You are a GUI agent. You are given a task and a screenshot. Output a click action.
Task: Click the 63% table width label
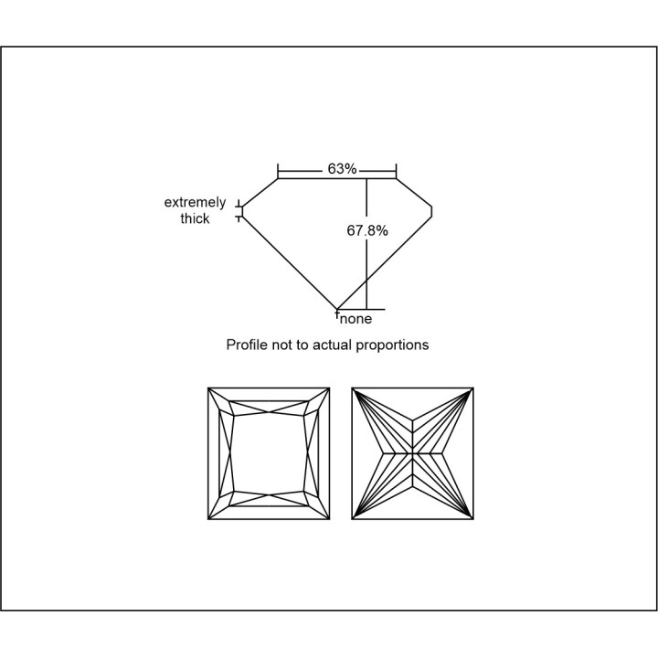coord(342,169)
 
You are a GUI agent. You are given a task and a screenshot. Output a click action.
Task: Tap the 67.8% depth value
coord(367,230)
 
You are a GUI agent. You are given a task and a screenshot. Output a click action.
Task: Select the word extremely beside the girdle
coord(195,202)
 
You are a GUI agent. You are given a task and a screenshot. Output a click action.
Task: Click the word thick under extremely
coord(195,218)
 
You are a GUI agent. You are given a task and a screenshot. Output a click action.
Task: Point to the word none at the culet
coord(356,319)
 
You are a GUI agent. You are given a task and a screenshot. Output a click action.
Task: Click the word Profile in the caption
coord(247,345)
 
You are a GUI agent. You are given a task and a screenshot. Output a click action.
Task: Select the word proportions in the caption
coord(392,345)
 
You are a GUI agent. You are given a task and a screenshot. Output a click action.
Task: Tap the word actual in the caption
coord(332,345)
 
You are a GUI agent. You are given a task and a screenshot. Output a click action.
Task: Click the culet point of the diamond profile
coord(337,310)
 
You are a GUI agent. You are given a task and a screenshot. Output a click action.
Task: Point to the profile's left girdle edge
coord(242,212)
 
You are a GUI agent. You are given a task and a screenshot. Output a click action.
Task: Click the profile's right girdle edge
coord(431,212)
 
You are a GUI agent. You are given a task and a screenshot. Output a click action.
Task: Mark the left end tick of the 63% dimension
coord(278,171)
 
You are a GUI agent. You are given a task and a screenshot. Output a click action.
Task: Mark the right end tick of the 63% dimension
coord(396,171)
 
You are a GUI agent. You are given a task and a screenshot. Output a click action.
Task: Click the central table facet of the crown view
coord(269,453)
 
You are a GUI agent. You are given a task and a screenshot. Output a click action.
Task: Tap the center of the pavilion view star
coord(413,453)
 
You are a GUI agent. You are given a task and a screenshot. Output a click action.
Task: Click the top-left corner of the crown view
coord(208,388)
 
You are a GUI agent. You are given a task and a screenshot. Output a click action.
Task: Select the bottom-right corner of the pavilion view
coord(473,519)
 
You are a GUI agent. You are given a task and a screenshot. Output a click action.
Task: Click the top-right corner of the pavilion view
coord(473,388)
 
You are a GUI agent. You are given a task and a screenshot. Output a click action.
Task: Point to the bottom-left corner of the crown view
coord(208,519)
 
